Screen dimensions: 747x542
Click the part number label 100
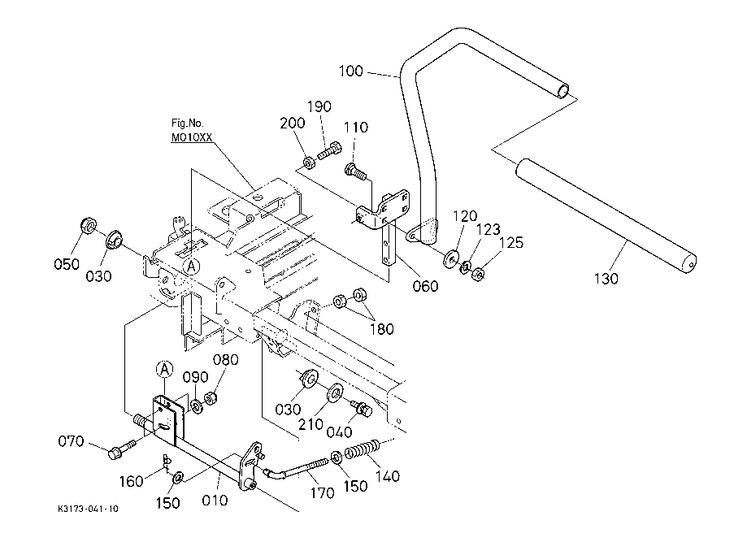click(x=350, y=71)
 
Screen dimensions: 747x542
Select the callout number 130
click(x=606, y=278)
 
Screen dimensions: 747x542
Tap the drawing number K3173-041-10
click(x=88, y=509)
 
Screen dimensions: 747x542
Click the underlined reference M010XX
click(x=192, y=137)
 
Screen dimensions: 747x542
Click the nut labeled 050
click(x=88, y=225)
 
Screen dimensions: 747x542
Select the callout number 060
click(x=425, y=286)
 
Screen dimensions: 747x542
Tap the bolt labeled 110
click(x=356, y=171)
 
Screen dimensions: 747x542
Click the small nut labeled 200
click(x=309, y=163)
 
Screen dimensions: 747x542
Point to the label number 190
click(x=319, y=106)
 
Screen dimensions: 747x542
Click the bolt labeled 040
click(x=362, y=408)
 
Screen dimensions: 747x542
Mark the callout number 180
click(x=381, y=328)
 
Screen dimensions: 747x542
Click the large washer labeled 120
click(x=451, y=258)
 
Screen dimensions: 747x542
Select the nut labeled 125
click(x=478, y=274)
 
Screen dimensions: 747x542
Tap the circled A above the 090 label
click(x=164, y=369)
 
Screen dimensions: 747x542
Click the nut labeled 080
click(x=211, y=397)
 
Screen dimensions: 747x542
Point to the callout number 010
click(x=215, y=500)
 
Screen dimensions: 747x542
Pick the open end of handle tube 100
click(x=562, y=91)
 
